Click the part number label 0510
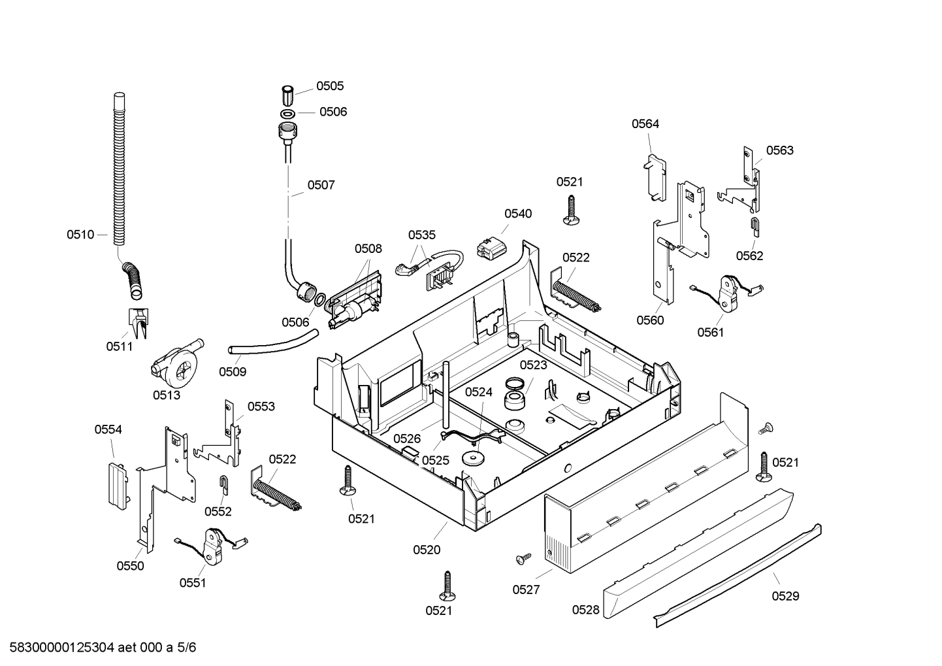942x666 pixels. [80, 235]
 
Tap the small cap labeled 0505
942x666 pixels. [287, 95]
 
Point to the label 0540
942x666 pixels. [518, 214]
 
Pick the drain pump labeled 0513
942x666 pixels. [176, 364]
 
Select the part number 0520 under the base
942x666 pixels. [427, 550]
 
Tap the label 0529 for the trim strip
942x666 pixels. [786, 595]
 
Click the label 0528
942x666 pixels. [586, 610]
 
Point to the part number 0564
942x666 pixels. [645, 124]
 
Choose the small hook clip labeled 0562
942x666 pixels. [755, 227]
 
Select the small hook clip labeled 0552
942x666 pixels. [225, 485]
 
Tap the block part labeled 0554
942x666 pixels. [118, 485]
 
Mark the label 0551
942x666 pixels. [193, 583]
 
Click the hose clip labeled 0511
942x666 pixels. [138, 323]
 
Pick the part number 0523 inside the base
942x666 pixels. [533, 365]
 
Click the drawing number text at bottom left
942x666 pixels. [103, 648]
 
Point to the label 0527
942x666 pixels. [526, 590]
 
